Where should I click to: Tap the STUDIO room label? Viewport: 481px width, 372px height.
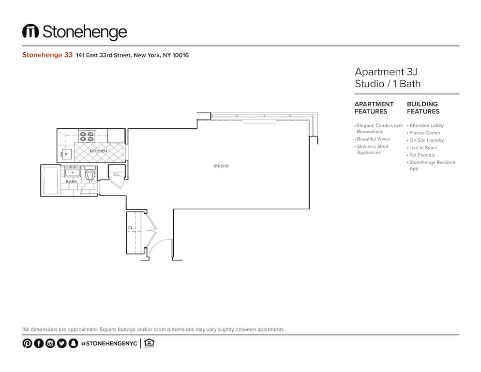click(221, 166)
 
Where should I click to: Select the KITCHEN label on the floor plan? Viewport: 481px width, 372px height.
click(98, 151)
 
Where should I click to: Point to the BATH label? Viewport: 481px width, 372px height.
click(71, 181)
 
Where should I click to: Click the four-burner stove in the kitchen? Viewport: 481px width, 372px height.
click(86, 136)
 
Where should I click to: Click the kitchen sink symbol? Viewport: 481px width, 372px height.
click(67, 154)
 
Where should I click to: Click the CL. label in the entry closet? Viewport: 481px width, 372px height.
click(131, 227)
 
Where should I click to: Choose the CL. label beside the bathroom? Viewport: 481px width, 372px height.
click(117, 174)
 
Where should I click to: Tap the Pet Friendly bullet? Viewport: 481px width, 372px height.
click(422, 155)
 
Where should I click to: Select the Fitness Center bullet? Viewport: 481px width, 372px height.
click(425, 133)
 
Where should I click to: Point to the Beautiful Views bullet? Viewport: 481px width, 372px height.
click(373, 139)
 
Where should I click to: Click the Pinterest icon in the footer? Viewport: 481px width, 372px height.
click(27, 343)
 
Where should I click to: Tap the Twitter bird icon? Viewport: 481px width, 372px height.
click(61, 343)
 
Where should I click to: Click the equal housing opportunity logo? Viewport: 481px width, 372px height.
click(150, 343)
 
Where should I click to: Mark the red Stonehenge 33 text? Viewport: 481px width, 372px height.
click(47, 55)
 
